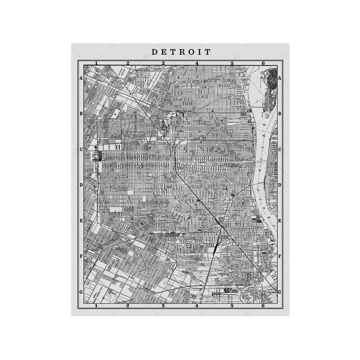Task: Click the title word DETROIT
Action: [181, 52]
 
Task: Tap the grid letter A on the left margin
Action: [81, 78]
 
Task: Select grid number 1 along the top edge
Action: [96, 63]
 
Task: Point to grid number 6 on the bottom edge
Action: [263, 306]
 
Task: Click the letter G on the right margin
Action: [279, 292]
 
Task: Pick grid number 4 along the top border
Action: [197, 63]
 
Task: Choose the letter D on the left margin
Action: [81, 185]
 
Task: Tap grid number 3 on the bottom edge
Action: [163, 306]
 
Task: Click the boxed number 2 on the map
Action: [230, 131]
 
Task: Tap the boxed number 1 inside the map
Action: [211, 200]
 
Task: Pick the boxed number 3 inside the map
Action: [189, 246]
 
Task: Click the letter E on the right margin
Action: [279, 221]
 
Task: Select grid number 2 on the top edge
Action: [128, 63]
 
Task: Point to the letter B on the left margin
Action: [81, 114]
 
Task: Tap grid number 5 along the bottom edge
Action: [232, 306]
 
